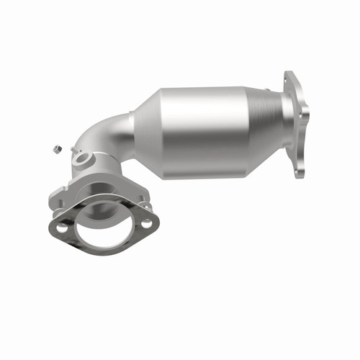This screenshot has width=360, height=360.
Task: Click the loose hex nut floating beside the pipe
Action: coord(55,149)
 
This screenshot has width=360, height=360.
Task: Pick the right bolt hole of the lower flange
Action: coord(147,224)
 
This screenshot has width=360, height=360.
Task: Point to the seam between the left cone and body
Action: coord(161,126)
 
